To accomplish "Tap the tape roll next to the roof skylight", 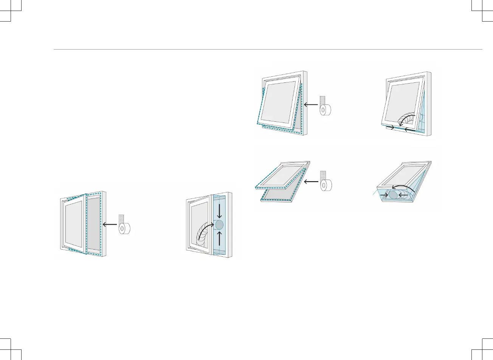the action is pyautogui.click(x=326, y=186).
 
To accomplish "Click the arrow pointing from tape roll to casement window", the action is pyautogui.click(x=110, y=224).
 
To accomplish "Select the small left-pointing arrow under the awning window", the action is pyautogui.click(x=409, y=130).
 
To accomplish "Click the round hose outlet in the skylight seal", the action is pyautogui.click(x=393, y=195).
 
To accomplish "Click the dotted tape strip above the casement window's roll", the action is pyautogui.click(x=121, y=219).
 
